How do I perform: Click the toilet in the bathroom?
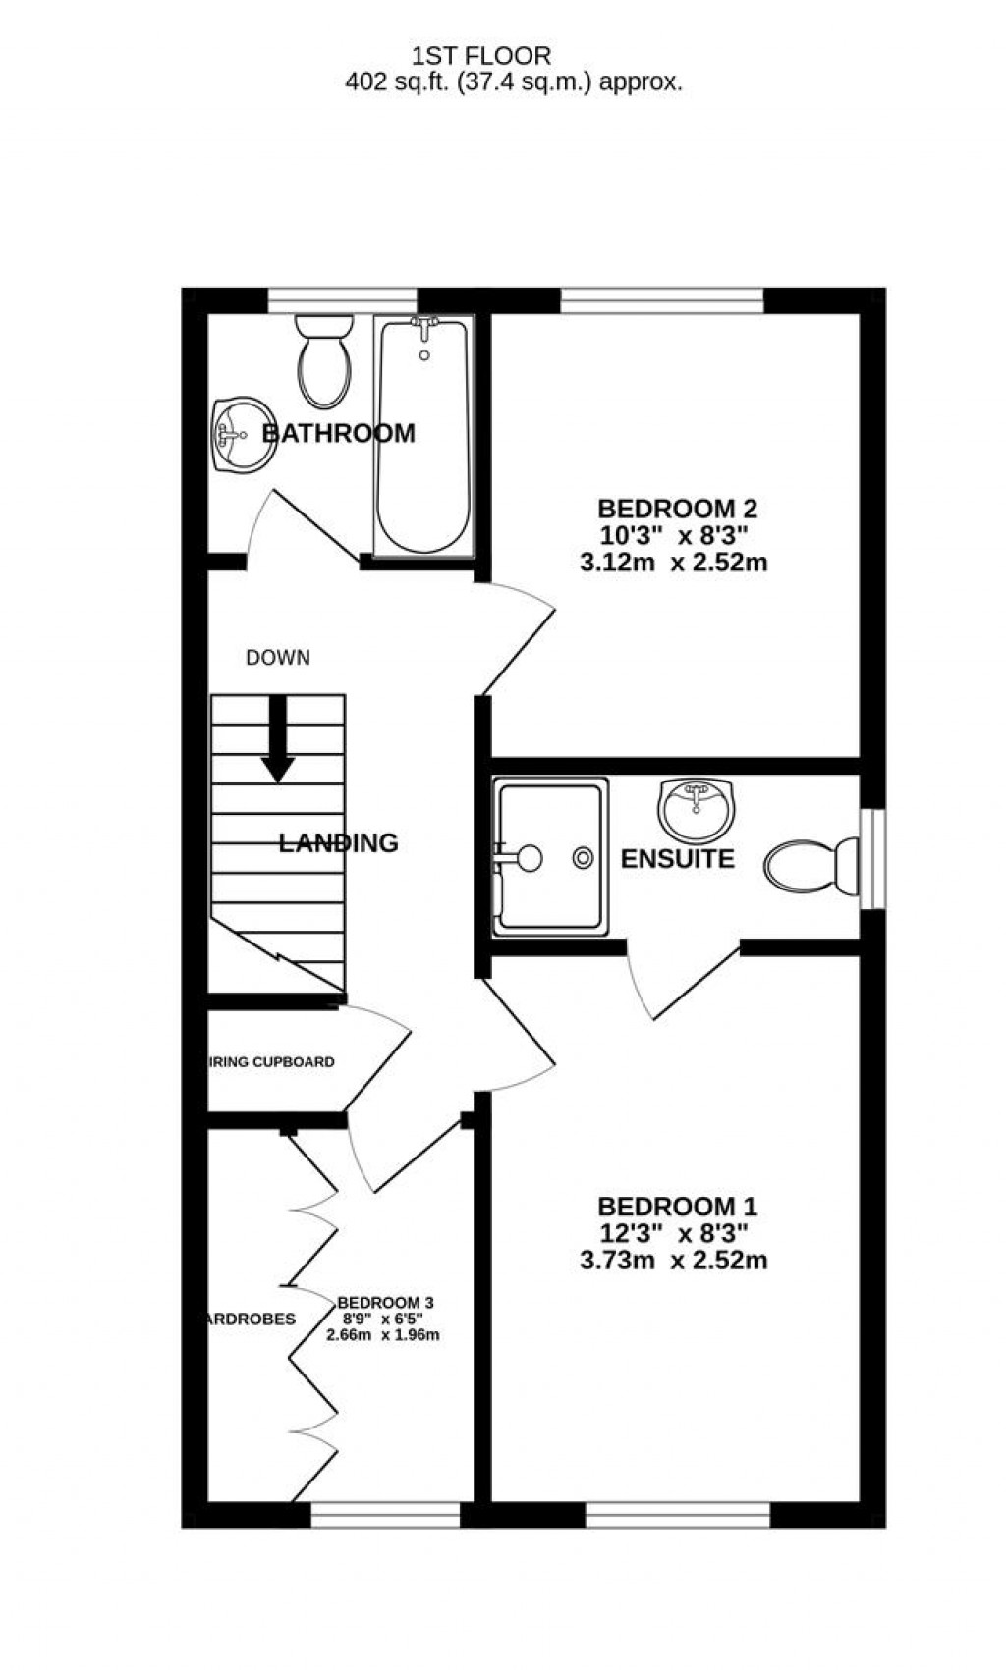pyautogui.click(x=324, y=361)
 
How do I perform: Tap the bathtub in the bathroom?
pyautogui.click(x=423, y=437)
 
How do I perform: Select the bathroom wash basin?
pyautogui.click(x=240, y=435)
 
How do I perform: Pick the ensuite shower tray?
pyautogui.click(x=550, y=857)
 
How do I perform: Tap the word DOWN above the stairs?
pyautogui.click(x=278, y=658)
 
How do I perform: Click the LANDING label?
pyautogui.click(x=338, y=842)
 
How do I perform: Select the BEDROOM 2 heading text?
pyautogui.click(x=677, y=509)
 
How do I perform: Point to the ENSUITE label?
pyautogui.click(x=677, y=859)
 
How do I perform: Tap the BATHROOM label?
pyautogui.click(x=338, y=433)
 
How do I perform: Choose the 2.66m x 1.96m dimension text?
pyautogui.click(x=382, y=1335)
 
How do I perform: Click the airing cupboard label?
pyautogui.click(x=271, y=1062)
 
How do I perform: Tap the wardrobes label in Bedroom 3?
pyautogui.click(x=250, y=1319)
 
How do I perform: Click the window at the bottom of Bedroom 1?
pyautogui.click(x=678, y=1516)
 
